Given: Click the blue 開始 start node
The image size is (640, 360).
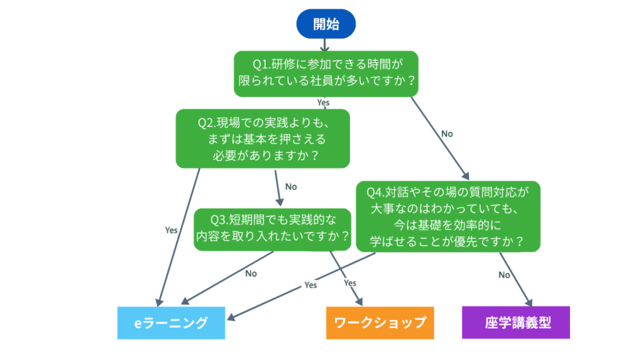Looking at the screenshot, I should click(x=326, y=24).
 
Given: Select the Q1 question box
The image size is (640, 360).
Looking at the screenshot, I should click(x=325, y=73).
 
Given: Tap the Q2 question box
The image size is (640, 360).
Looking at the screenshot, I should click(x=262, y=139).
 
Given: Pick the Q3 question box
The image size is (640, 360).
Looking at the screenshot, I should click(x=272, y=228).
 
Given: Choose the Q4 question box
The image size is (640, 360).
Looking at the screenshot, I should click(x=448, y=216).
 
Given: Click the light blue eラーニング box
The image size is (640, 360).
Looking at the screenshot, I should click(x=171, y=322).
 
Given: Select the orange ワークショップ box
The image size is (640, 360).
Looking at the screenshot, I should click(x=380, y=322).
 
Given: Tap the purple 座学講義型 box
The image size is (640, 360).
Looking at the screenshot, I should click(x=516, y=322).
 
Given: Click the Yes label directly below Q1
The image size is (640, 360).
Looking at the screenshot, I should click(x=323, y=102).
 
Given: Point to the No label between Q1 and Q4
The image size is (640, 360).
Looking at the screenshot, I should click(x=447, y=134).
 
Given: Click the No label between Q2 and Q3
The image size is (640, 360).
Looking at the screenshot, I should click(x=291, y=186).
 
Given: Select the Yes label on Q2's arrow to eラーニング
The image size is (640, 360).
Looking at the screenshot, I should click(x=171, y=230).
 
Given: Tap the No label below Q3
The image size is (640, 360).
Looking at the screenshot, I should click(x=251, y=273).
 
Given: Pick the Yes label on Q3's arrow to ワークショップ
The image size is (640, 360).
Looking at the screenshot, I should click(x=350, y=283).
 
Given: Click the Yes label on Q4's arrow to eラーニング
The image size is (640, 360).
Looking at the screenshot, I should click(x=311, y=285).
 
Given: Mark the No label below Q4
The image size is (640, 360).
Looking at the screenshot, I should click(x=504, y=275).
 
